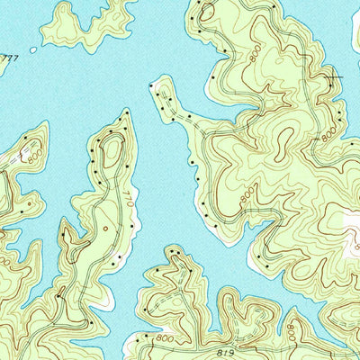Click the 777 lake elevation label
[x=10, y=58]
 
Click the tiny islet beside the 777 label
[x=33, y=49]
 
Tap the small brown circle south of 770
[x=105, y=229]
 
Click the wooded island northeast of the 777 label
[x=85, y=22]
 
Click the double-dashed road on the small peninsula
[x=184, y=117]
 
